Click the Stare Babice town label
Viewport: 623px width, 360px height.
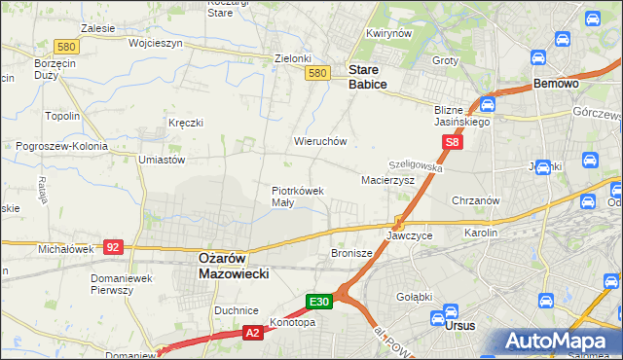368,77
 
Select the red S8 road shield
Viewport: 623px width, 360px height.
452,143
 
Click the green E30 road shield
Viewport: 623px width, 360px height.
321,302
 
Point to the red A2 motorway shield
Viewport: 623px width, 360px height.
251,333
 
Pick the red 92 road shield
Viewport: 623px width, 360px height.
113,247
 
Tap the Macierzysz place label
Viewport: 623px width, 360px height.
388,180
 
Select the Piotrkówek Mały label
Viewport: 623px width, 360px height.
297,197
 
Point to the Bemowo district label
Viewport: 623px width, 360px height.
557,85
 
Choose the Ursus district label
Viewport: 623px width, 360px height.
459,326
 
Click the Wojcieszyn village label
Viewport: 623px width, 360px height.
128,44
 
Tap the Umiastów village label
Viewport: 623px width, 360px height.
162,160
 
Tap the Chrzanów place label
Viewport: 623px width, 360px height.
476,200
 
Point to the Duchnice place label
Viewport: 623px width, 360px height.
236,310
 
